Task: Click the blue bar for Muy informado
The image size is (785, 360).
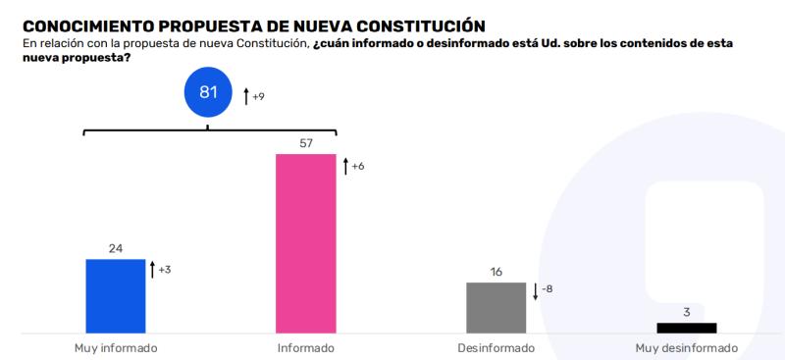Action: point(116,296)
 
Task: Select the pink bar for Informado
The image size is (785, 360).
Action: point(305,243)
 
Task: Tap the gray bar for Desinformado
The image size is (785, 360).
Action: point(496,308)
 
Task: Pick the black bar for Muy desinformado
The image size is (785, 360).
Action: point(686,328)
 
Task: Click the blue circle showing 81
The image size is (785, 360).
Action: point(208,93)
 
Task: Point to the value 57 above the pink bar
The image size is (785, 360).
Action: point(305,143)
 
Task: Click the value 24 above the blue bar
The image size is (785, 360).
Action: point(116,248)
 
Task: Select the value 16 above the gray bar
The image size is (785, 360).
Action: point(496,272)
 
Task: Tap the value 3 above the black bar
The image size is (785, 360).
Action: point(686,312)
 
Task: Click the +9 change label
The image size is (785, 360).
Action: point(259,97)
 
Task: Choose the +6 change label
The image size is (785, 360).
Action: point(358,167)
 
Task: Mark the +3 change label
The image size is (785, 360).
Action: point(165,270)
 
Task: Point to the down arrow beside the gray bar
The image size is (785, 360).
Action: point(535,290)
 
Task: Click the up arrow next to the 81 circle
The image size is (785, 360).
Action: point(246,96)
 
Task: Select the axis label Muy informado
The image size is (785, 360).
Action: point(116,348)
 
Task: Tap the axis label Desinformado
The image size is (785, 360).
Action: point(496,348)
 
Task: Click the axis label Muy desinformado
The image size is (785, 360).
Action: point(686,348)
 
